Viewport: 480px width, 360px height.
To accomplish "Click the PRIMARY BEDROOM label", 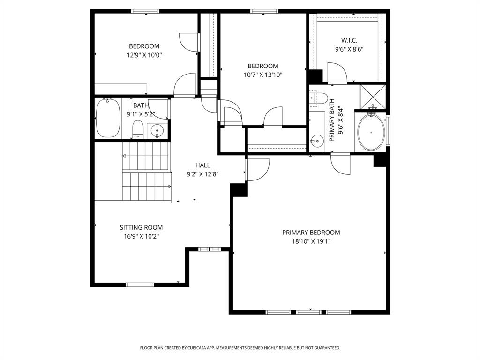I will click(311, 232).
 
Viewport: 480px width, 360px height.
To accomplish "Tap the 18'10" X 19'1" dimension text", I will click(311, 241).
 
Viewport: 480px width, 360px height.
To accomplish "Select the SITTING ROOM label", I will click(141, 227).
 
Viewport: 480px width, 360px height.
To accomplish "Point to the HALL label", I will click(202, 165).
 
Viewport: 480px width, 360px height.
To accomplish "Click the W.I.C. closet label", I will click(349, 40).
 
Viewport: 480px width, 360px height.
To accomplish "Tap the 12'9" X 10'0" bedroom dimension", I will click(144, 55).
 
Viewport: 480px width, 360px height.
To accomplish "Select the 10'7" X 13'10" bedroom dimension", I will click(262, 75).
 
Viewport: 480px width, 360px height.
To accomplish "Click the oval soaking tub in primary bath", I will click(371, 133).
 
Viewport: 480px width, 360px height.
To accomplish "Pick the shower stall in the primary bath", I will click(373, 96).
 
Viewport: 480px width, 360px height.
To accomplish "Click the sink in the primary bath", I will click(317, 140).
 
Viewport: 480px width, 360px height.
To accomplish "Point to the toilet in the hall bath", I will click(137, 129).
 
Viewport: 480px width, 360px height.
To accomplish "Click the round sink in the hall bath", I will click(157, 131).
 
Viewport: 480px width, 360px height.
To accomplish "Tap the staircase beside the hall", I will click(145, 171).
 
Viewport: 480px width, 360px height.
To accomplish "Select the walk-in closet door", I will click(337, 74).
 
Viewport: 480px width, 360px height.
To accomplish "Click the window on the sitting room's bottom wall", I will click(140, 285).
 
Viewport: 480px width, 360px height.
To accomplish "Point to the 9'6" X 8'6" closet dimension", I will click(349, 49).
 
